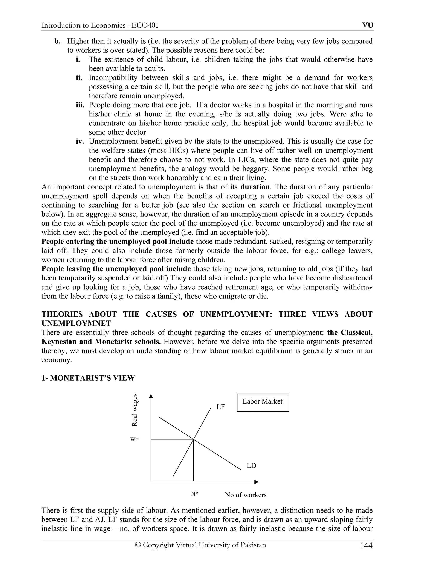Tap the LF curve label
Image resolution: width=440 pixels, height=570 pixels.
pyautogui.click(x=220, y=407)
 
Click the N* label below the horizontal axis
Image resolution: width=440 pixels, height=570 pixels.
pyautogui.click(x=194, y=494)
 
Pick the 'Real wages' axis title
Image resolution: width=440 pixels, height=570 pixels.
pyautogui.click(x=134, y=410)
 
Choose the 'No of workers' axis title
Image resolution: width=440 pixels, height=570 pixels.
pyautogui.click(x=246, y=495)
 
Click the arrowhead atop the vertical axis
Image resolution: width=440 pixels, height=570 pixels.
pyautogui.click(x=151, y=396)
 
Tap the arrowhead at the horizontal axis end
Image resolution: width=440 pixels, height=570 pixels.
pyautogui.click(x=257, y=482)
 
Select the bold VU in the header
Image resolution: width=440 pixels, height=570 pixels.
pyautogui.click(x=368, y=25)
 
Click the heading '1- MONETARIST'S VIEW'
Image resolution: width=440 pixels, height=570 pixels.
pyautogui.click(x=88, y=378)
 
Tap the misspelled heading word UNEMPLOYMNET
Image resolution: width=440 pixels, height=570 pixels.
pyautogui.click(x=76, y=323)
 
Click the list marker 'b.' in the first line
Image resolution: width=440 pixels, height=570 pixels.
pyautogui.click(x=58, y=41)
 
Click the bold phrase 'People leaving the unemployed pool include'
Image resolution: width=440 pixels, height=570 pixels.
pyautogui.click(x=116, y=269)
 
